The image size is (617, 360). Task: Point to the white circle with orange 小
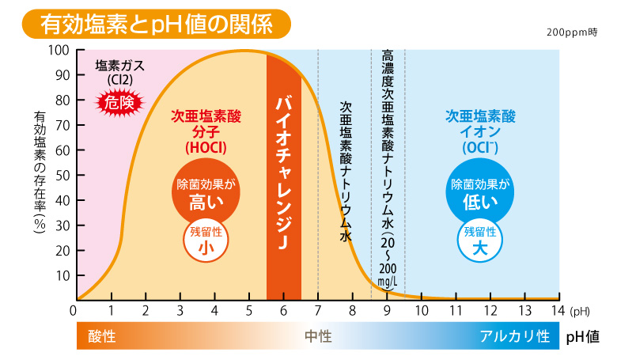point(206,240)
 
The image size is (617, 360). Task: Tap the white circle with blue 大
point(480,240)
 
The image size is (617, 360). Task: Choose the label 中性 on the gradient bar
point(318,335)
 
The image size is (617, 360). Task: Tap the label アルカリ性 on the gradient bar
point(515,335)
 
